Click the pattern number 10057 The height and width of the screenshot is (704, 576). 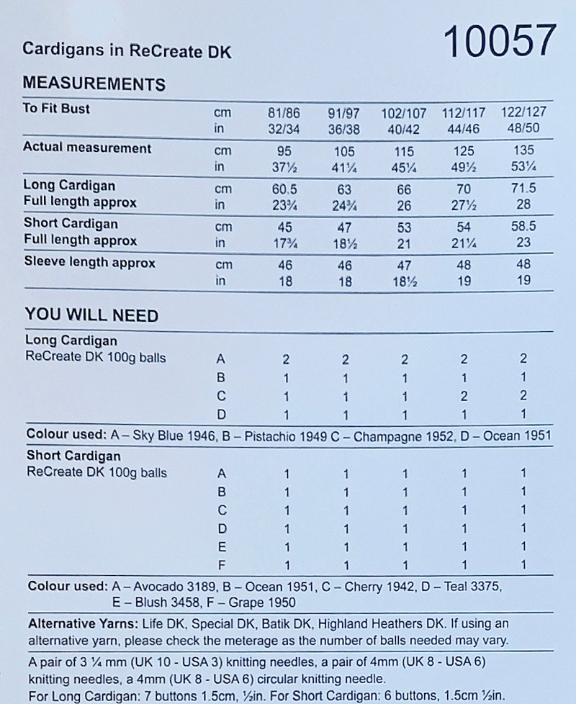[500, 42]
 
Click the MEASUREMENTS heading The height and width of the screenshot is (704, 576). [94, 84]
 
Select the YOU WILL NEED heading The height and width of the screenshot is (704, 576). [91, 315]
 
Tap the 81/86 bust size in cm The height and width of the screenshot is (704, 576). [285, 114]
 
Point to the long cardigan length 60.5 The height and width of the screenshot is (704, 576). [285, 187]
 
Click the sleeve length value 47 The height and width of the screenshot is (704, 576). [405, 265]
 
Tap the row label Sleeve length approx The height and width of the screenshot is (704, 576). [89, 263]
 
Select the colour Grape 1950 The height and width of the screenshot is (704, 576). [259, 603]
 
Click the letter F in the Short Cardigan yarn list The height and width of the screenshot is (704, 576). [222, 566]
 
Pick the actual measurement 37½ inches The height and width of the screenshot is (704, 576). [285, 167]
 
